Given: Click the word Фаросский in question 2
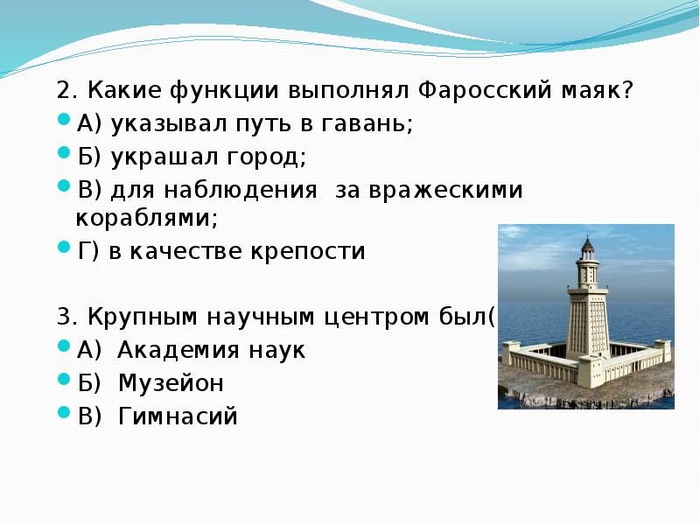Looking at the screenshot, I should [x=486, y=91].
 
